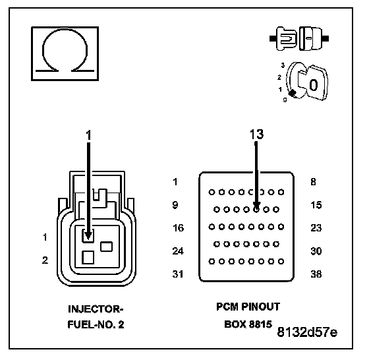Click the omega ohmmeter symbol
coord(65,53)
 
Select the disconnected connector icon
coord(299,38)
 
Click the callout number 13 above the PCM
coord(256,135)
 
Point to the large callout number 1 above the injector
coord(88,135)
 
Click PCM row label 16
coord(178,228)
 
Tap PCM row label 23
coord(316,228)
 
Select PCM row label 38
coord(316,274)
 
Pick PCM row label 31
coord(178,274)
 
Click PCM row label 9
coord(175,205)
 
